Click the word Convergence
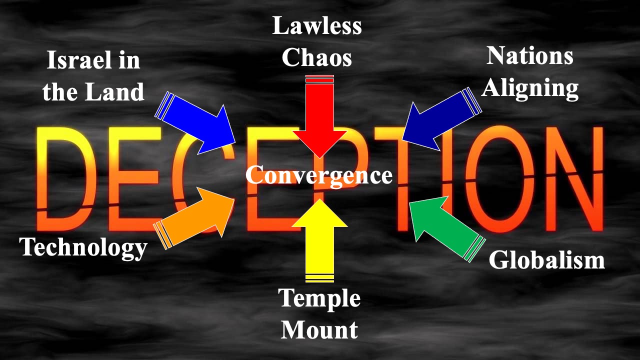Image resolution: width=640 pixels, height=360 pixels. coord(319,175)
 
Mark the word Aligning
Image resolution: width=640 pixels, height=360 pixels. coord(530,88)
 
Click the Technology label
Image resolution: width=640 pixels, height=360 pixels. coord(83,247)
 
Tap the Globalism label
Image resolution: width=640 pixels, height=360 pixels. coord(546,260)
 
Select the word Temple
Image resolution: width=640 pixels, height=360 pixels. coord(319,298)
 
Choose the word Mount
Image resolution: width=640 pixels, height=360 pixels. coord(319,329)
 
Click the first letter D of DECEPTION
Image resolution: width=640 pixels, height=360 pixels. coord(62,175)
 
